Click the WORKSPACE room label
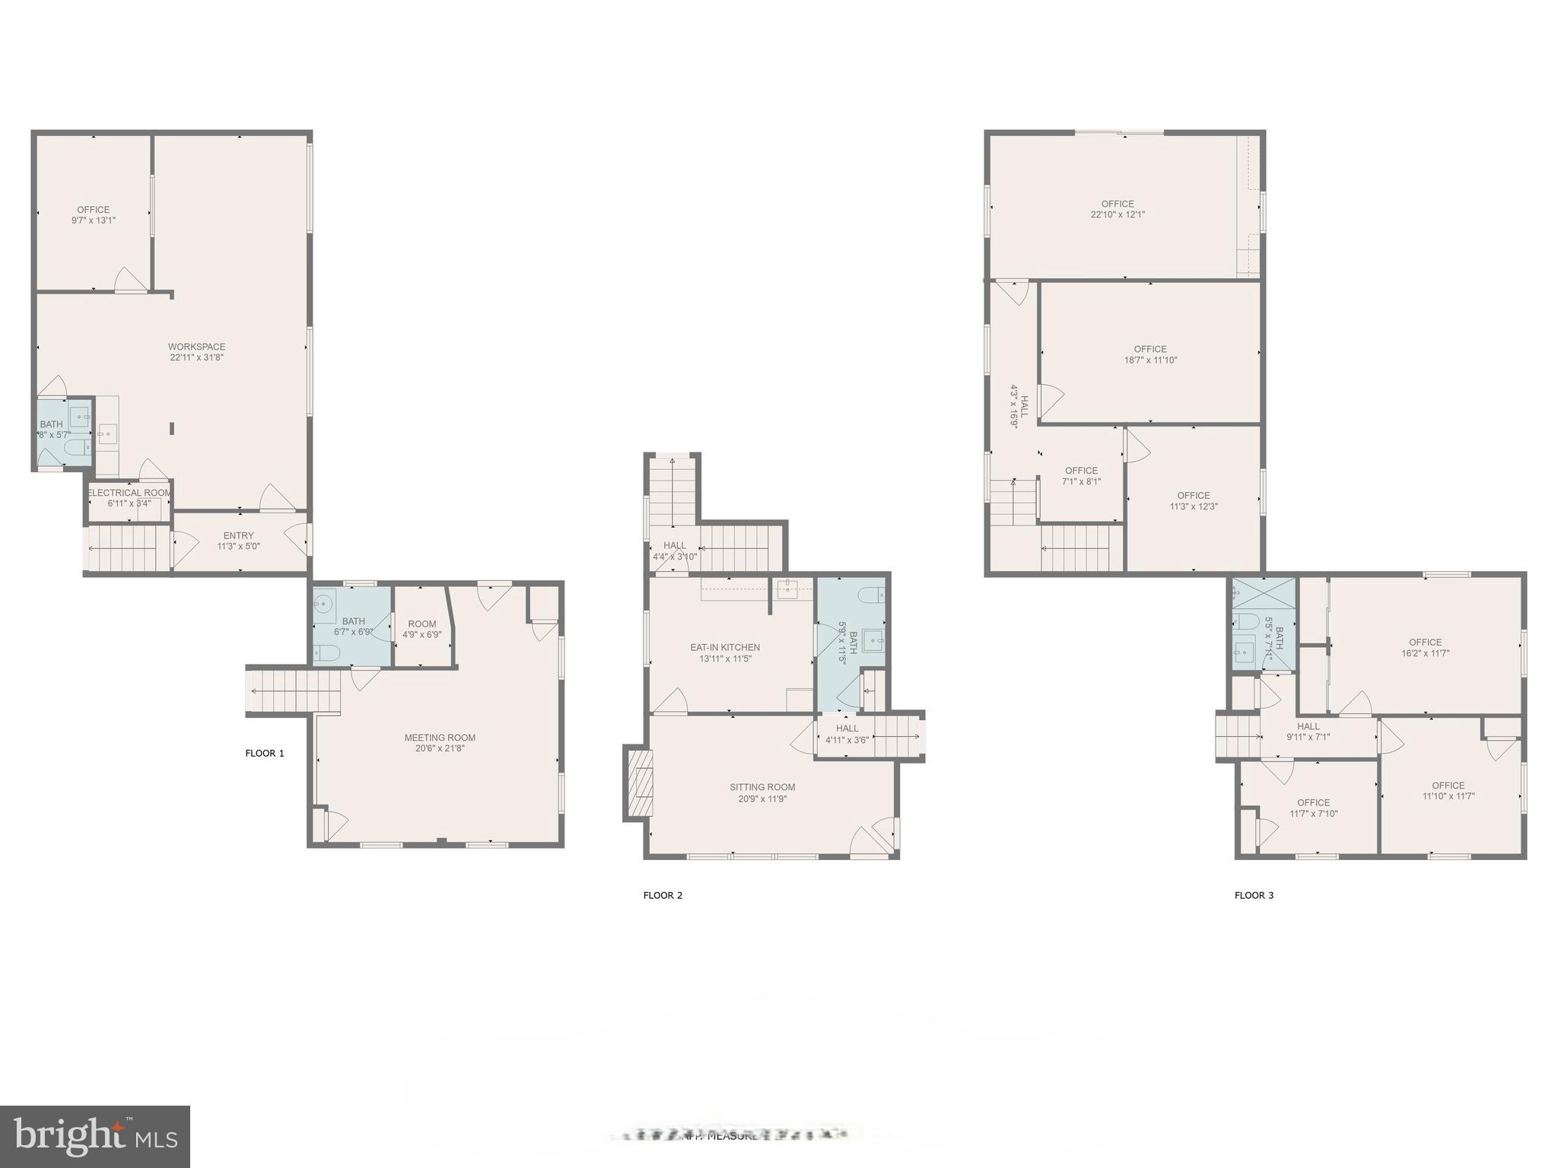point(196,347)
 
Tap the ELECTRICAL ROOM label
point(129,493)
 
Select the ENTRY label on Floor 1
point(238,535)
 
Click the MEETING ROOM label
point(440,738)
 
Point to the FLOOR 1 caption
point(265,754)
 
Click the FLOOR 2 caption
point(663,895)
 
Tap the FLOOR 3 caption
point(1254,895)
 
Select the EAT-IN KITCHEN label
point(725,648)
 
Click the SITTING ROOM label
point(762,787)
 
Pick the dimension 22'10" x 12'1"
point(1118,214)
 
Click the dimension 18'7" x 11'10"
point(1150,360)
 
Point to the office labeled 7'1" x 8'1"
point(1081,476)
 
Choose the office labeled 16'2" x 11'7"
point(1425,647)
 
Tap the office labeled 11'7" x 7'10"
point(1313,808)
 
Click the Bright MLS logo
point(95,1136)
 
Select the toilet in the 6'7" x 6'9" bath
point(326,652)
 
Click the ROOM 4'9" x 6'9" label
point(421,629)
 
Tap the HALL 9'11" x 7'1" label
point(1308,732)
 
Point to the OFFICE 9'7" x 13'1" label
point(94,214)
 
